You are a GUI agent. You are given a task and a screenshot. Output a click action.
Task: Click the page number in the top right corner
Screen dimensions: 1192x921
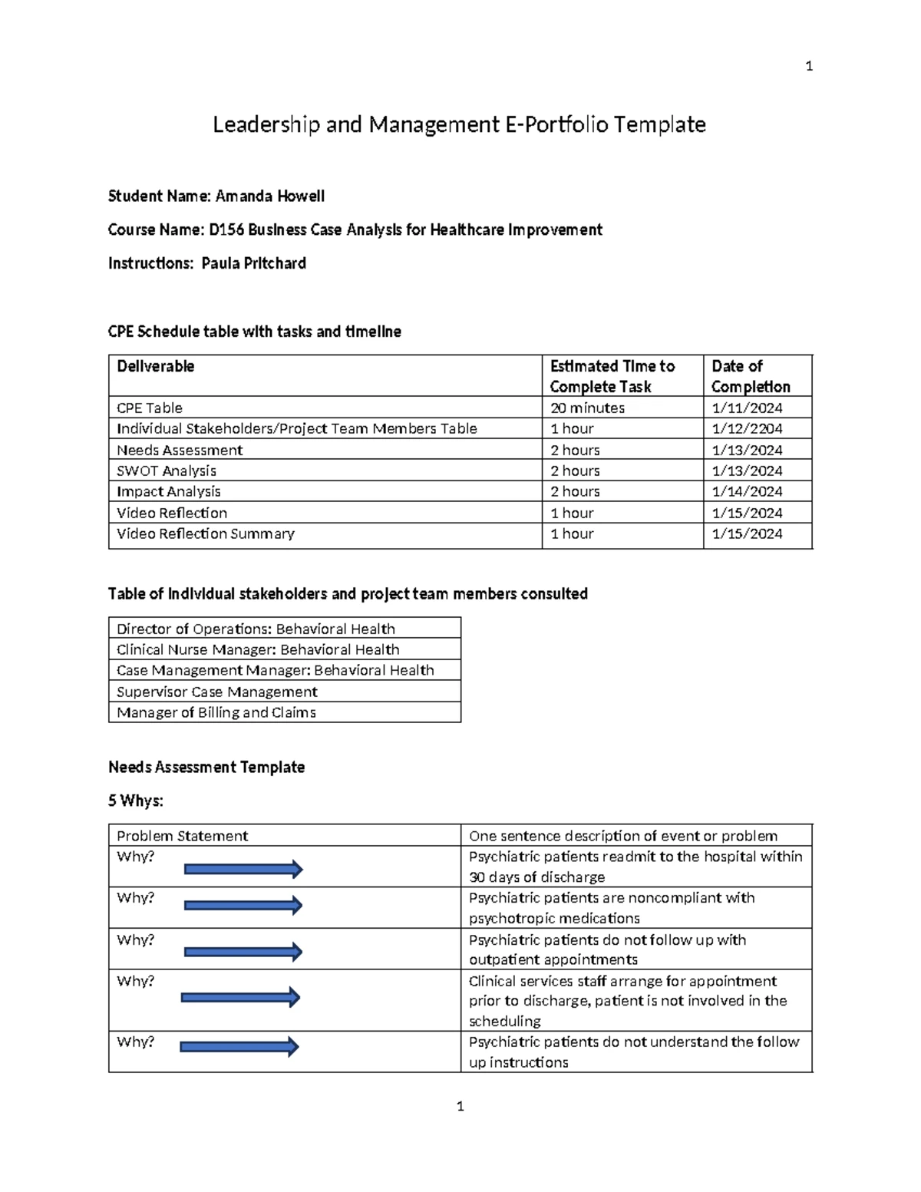809,67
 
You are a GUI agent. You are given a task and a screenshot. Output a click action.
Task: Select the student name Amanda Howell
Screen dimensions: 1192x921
269,196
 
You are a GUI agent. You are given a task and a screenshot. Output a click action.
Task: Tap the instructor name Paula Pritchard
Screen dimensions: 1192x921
253,263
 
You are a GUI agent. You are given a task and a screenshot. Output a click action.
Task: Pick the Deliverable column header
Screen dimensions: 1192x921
155,366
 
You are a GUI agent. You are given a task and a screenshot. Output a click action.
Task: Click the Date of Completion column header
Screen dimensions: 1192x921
750,376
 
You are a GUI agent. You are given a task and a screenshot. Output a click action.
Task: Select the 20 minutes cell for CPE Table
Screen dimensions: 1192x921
587,408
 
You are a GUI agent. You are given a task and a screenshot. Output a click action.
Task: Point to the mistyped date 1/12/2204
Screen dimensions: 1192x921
747,428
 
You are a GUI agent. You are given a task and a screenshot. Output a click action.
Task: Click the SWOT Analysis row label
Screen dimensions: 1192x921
166,471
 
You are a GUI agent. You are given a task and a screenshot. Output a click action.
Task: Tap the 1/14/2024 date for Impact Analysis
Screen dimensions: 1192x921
747,491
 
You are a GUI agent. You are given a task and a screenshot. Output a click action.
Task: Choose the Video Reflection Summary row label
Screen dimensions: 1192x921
205,533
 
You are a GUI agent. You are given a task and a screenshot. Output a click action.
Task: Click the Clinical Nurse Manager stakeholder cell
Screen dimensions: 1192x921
257,649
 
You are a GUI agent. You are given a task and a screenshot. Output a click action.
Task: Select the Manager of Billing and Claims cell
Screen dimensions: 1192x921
216,712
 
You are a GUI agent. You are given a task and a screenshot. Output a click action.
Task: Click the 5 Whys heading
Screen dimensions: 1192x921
135,801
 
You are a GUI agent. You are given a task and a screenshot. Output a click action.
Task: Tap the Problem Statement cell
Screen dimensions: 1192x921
182,836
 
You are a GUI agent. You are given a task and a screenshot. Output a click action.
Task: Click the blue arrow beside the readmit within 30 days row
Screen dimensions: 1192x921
243,870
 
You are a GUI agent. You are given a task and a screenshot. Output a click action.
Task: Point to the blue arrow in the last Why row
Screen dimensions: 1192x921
239,1047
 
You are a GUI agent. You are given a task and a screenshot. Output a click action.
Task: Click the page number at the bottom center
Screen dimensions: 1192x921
460,1106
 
